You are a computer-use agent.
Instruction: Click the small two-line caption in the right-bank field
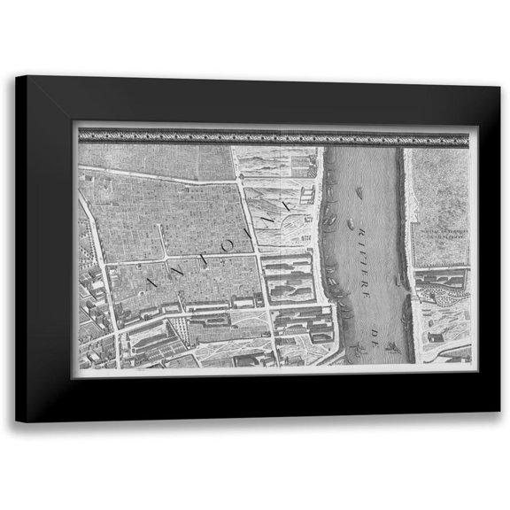(441, 234)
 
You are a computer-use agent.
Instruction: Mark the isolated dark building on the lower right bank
(435, 337)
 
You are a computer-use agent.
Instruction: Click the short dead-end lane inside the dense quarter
(161, 240)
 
